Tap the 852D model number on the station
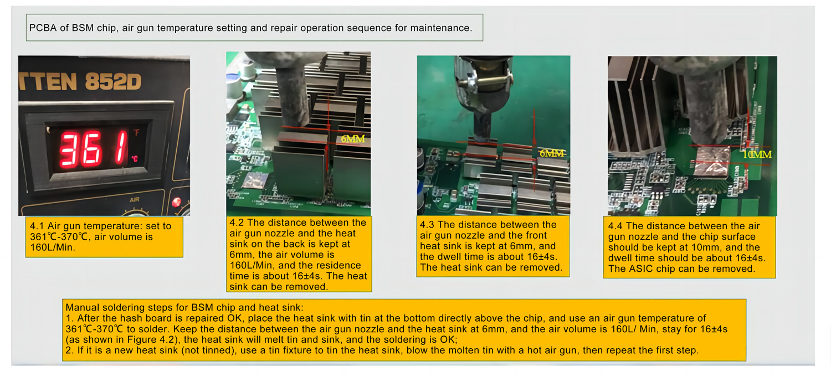pos(113,81)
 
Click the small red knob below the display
pos(176,202)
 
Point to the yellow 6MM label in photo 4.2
pos(353,139)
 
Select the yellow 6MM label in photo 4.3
pos(552,153)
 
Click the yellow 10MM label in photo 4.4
pos(757,154)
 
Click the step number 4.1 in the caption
pos(37,226)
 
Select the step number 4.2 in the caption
pos(237,223)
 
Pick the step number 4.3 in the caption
pos(427,225)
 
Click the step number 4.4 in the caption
pos(615,226)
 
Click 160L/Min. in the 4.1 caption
pos(53,247)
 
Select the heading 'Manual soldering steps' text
pos(123,307)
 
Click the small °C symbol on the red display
pos(135,159)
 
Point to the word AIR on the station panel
pos(135,200)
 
